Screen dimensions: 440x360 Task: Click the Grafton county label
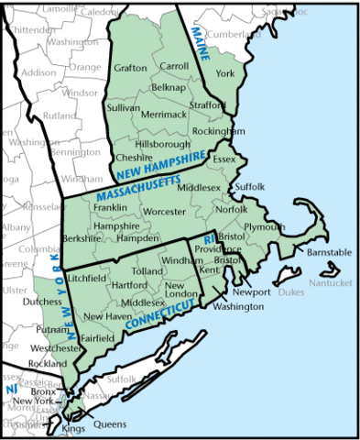(x=131, y=68)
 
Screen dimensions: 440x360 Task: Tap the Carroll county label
(x=174, y=67)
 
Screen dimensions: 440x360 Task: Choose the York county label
(x=225, y=72)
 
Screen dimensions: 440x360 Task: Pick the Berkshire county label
(x=82, y=238)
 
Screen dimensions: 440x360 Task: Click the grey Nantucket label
(x=330, y=283)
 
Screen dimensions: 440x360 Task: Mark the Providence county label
(x=219, y=249)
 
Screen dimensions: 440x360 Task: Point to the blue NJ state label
(x=13, y=390)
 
